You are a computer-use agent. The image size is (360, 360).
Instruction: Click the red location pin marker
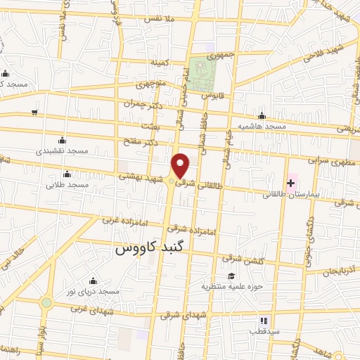181,165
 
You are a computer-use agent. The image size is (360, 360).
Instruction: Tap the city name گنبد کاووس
148,249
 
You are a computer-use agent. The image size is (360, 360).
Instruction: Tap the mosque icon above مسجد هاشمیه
262,116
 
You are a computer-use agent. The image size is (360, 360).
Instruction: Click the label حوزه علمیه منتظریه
227,286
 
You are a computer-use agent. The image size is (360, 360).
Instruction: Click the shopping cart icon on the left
34,112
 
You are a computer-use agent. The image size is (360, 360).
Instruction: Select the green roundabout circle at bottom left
46,303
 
